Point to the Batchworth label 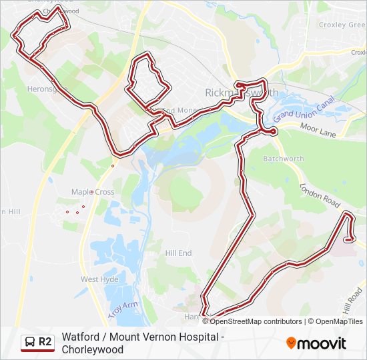[284, 159]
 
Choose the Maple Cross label [93, 192]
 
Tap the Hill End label [178, 253]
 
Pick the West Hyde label [99, 279]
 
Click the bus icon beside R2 [30, 342]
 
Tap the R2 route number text [45, 342]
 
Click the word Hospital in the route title [199, 337]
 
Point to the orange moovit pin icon [291, 343]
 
